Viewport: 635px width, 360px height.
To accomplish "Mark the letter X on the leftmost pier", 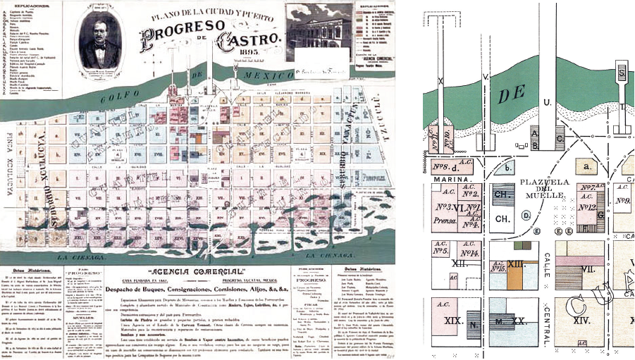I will point(440,82).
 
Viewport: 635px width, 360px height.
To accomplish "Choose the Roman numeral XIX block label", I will point(452,320).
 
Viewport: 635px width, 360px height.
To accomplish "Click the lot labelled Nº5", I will point(442,250).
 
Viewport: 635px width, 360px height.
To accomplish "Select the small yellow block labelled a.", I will point(586,166).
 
